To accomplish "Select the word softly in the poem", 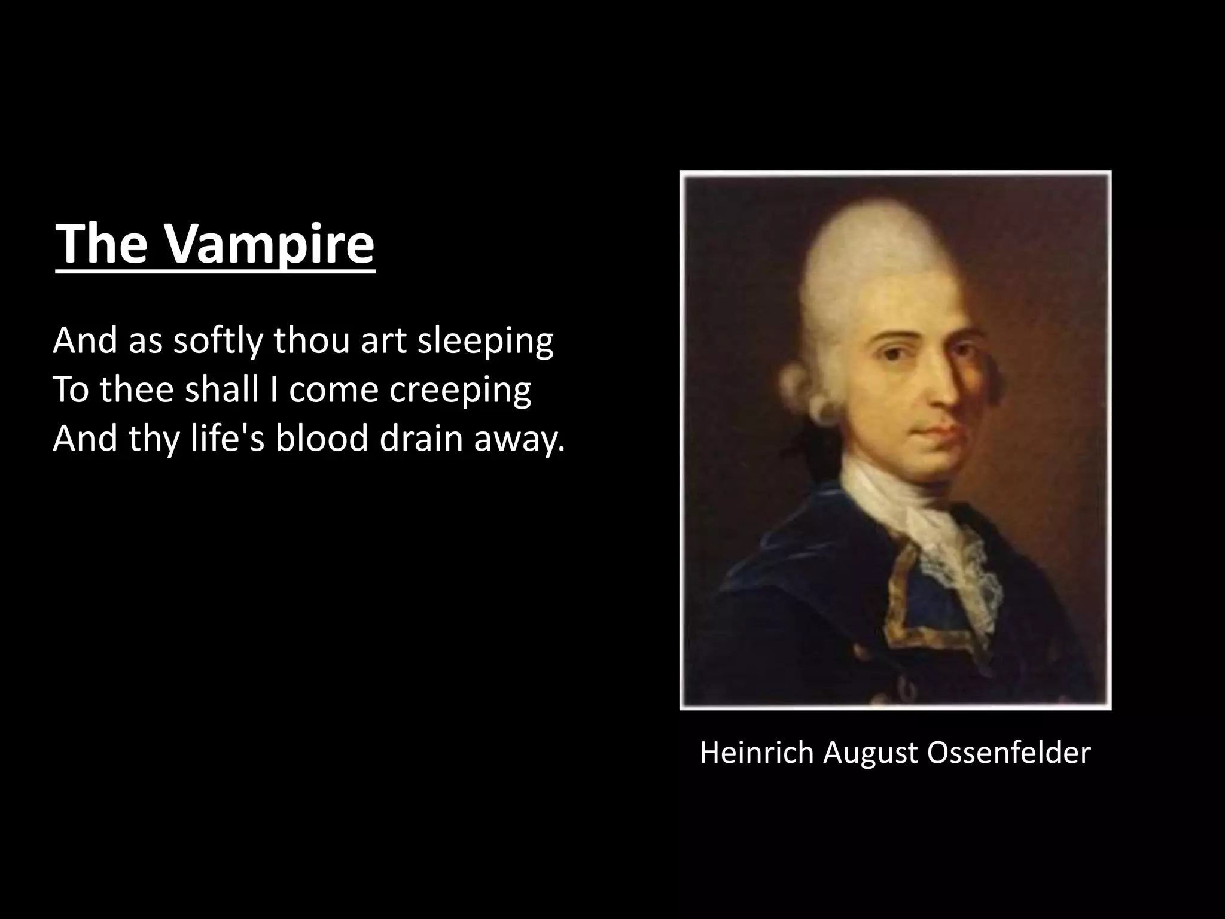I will [x=218, y=341].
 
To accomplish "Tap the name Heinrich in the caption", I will [x=757, y=753].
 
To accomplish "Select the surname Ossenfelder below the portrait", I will [x=1008, y=753].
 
